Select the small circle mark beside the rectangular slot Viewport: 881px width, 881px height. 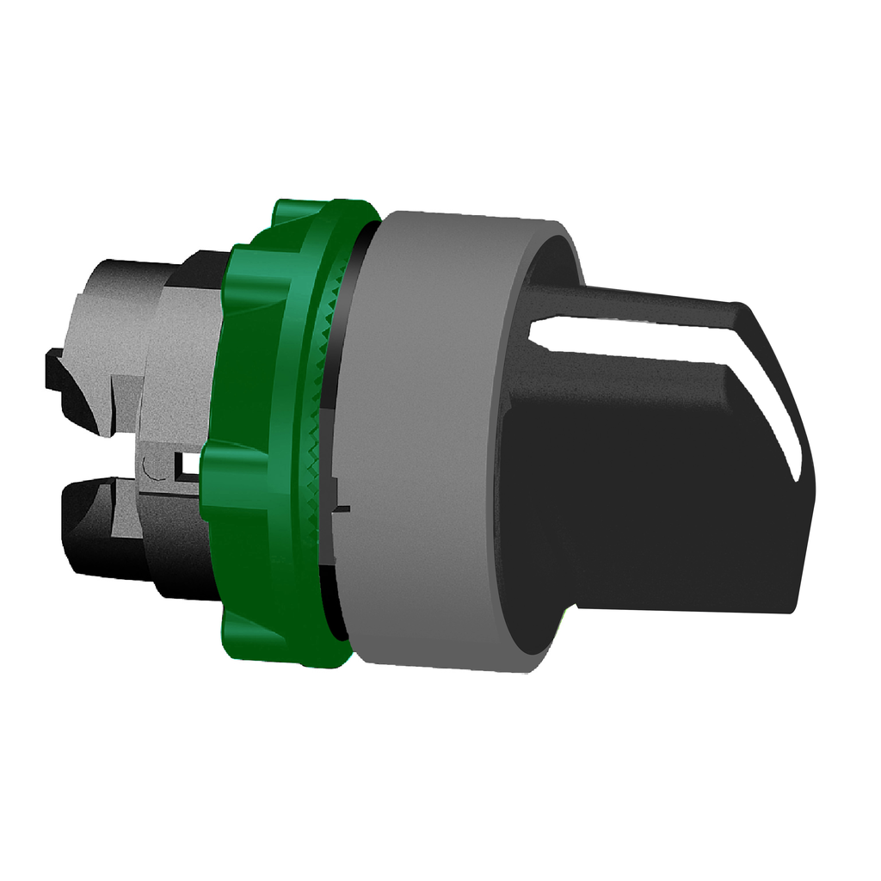(154, 469)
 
